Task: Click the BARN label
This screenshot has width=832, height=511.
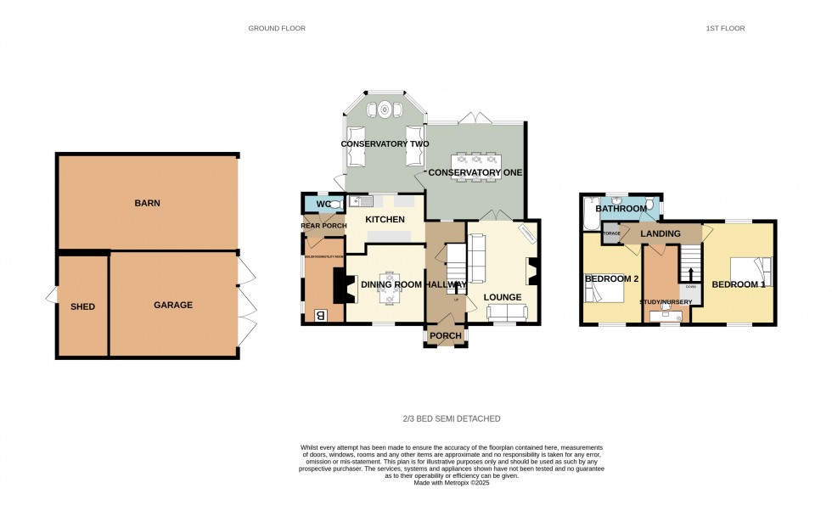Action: (147, 203)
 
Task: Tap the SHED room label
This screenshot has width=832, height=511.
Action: (82, 306)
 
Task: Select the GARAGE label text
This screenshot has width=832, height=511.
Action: (172, 305)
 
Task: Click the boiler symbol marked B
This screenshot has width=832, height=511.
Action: (321, 315)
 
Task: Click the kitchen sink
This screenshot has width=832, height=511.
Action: (357, 202)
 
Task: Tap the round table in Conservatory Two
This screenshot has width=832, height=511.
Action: (385, 109)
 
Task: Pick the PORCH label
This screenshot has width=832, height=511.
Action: (446, 336)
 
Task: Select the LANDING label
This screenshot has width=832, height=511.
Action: (661, 233)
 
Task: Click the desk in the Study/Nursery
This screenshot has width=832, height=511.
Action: (666, 315)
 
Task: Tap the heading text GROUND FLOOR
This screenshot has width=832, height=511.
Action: (277, 28)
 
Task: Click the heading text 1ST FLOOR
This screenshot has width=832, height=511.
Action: (725, 28)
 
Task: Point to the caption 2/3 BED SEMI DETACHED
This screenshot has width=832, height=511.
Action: (451, 418)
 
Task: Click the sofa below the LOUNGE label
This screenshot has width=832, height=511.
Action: (507, 312)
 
